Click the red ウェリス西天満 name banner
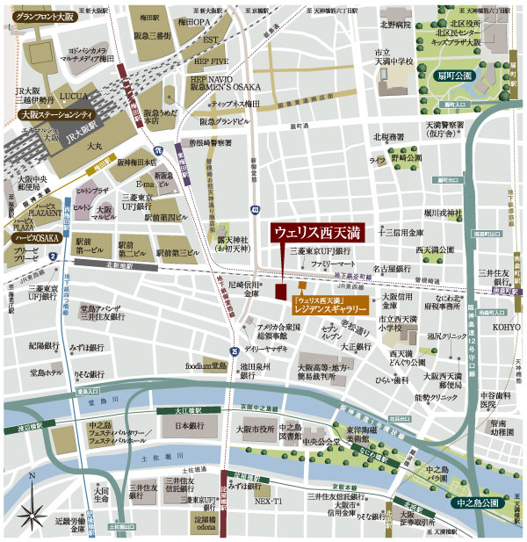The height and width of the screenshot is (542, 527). tap(315, 234)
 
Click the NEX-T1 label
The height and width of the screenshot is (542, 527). tap(269, 500)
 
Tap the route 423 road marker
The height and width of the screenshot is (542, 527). tap(254, 211)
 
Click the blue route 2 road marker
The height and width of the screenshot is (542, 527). tap(54, 256)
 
